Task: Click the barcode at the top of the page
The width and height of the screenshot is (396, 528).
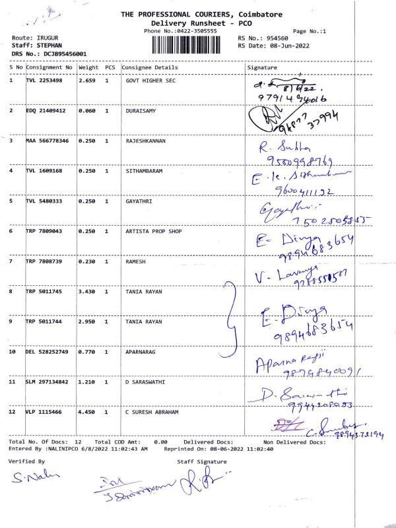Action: pyautogui.click(x=191, y=45)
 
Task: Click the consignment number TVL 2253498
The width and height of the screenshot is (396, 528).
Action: pyautogui.click(x=44, y=81)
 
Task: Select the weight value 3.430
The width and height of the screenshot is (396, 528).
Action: pyautogui.click(x=87, y=291)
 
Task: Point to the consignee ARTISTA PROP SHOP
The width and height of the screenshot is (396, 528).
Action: pyautogui.click(x=154, y=231)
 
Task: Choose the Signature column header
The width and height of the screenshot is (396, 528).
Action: pyautogui.click(x=262, y=67)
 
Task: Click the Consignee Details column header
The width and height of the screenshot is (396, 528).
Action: pyautogui.click(x=150, y=67)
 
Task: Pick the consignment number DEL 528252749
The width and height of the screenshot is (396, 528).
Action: pyautogui.click(x=47, y=352)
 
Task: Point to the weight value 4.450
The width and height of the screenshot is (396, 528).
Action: pyautogui.click(x=87, y=412)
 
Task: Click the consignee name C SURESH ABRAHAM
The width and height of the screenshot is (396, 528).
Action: pyautogui.click(x=152, y=412)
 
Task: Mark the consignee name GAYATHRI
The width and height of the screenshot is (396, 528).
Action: pyautogui.click(x=139, y=201)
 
